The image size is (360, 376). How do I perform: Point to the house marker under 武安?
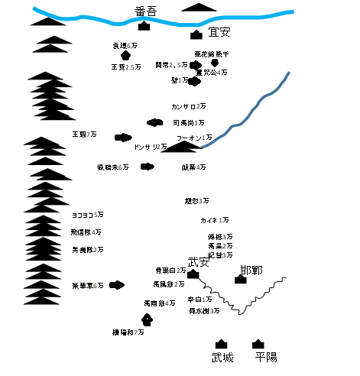click(x=193, y=274)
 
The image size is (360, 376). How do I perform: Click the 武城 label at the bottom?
click(x=222, y=358)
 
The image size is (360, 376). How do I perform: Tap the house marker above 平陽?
click(x=258, y=344)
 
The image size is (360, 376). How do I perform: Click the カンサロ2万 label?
click(x=188, y=106)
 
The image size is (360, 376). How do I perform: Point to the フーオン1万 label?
click(x=195, y=137)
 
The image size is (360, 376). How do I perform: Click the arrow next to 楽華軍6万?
click(x=118, y=285)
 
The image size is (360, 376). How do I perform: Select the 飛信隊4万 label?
click(x=86, y=232)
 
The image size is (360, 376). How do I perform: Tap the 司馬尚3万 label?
click(x=188, y=122)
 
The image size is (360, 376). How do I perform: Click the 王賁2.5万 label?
click(x=123, y=67)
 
